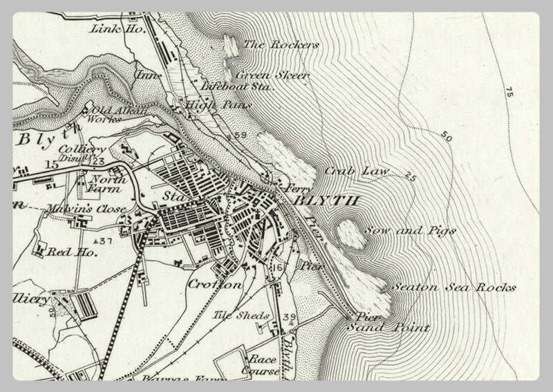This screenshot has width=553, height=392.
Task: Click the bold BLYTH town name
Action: (327, 200)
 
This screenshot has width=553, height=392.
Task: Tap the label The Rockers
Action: (281, 45)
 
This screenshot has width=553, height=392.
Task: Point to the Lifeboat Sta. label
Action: (238, 88)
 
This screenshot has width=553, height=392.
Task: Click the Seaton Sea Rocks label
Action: (453, 287)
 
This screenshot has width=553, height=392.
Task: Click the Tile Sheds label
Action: (231, 315)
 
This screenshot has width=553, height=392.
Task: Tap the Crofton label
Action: (214, 284)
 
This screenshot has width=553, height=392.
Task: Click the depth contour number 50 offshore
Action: (446, 138)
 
